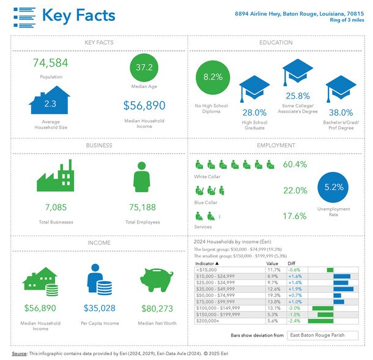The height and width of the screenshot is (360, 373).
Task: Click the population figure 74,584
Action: [x=50, y=63]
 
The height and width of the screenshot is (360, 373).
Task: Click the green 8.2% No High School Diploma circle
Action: [x=213, y=77]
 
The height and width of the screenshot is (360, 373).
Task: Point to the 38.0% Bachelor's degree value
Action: [x=340, y=113]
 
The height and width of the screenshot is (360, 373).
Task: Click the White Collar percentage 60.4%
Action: [x=295, y=164]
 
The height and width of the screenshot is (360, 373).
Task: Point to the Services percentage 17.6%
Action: [x=295, y=216]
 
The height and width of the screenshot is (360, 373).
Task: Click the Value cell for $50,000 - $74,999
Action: [x=273, y=294]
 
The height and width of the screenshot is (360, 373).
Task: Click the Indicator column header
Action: [x=209, y=263]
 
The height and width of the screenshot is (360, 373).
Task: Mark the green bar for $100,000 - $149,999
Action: [x=323, y=307]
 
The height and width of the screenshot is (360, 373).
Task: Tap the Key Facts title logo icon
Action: [x=24, y=17]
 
